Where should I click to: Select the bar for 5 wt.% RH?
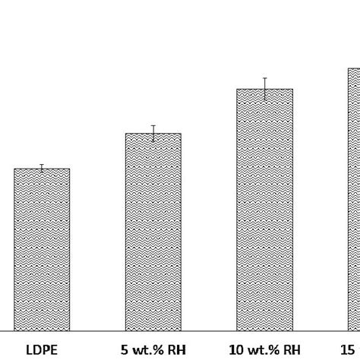pos(153,232)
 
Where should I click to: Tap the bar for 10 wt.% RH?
pos(264,210)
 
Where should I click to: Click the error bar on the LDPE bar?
pos(42,168)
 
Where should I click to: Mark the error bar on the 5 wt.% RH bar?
pos(153,133)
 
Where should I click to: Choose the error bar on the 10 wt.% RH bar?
pos(264,89)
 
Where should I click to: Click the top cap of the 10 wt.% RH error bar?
pos(264,77)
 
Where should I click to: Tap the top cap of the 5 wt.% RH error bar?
pos(153,125)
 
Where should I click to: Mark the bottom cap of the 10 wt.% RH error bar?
pos(264,100)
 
